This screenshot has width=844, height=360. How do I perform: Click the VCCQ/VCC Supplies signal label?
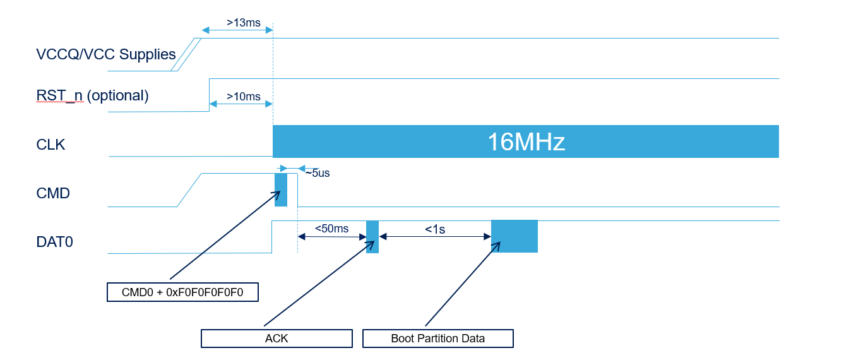pos(106,54)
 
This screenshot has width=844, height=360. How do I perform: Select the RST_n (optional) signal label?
pos(92,95)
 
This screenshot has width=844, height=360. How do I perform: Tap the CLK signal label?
pos(51,145)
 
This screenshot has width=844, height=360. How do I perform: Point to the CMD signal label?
pos(53,193)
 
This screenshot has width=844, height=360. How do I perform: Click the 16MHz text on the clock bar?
pos(526,142)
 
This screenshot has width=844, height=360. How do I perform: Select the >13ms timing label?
pos(243,23)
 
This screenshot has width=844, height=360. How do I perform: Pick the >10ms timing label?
pos(243,97)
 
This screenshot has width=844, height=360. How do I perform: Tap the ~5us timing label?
pos(317,173)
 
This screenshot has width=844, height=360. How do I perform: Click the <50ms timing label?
pos(331,229)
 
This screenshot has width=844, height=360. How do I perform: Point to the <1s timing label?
pos(434,229)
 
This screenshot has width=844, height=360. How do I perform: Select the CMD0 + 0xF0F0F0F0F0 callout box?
pos(182,292)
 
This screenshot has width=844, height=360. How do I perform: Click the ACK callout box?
pos(276,339)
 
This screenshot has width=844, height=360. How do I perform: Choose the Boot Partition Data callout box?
pos(437,339)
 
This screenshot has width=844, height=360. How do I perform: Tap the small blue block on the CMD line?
pos(281,189)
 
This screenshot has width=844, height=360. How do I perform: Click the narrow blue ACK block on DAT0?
pos(372,237)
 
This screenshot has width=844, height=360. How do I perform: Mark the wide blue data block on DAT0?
pos(514,236)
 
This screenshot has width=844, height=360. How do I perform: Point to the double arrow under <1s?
pos(435,237)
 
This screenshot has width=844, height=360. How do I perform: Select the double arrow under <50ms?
pos(331,237)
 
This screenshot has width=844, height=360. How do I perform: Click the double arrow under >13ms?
pos(237,30)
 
